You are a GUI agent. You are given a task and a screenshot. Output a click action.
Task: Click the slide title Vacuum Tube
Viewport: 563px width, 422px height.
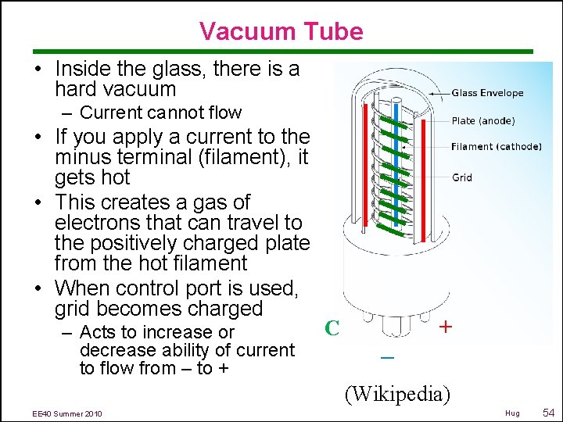[281, 31]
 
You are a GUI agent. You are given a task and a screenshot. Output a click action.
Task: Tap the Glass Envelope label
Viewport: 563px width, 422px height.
[487, 93]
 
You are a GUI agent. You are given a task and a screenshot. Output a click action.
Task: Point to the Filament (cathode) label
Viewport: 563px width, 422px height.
[496, 147]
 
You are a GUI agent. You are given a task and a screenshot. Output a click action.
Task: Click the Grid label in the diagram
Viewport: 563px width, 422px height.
[462, 177]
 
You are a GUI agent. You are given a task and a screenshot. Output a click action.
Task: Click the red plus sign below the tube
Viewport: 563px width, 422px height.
[445, 327]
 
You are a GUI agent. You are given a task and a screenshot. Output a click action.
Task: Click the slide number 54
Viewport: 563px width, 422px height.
[548, 412]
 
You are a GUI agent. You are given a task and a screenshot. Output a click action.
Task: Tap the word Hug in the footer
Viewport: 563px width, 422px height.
[512, 413]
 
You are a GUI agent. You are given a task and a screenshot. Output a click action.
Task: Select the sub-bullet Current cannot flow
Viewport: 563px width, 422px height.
[160, 113]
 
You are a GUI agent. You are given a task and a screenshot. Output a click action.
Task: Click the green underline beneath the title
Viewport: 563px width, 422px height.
[281, 52]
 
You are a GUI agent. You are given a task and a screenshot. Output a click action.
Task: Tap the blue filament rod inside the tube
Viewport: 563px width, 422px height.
[397, 156]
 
